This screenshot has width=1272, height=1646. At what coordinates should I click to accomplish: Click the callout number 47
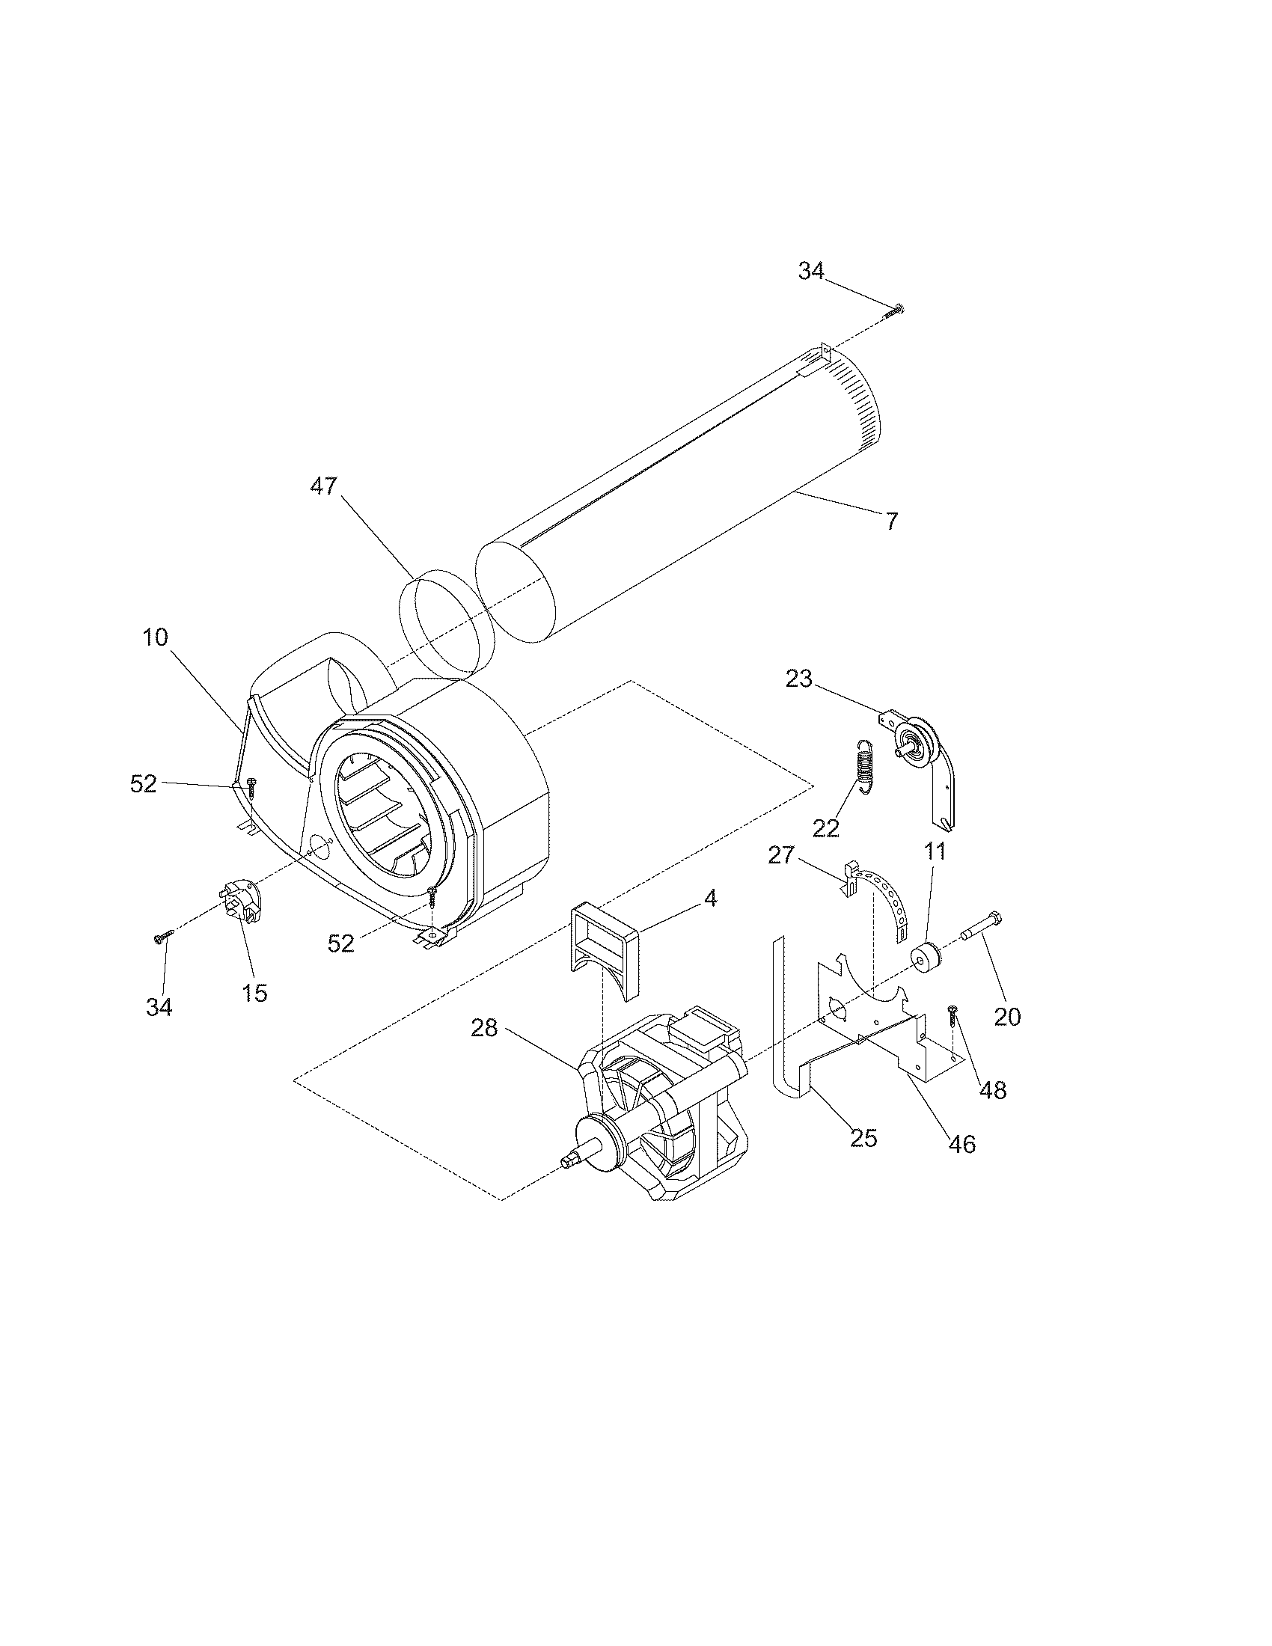(x=323, y=487)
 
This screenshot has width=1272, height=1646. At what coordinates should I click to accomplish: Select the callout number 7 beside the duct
(x=891, y=521)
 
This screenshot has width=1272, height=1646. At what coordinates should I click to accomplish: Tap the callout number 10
(x=155, y=637)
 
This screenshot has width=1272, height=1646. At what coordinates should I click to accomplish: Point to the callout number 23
(x=799, y=679)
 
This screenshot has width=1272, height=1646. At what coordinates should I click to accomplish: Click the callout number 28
(x=485, y=1028)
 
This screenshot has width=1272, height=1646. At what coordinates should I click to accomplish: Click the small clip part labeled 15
(x=243, y=902)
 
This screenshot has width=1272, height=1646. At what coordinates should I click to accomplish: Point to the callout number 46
(x=962, y=1145)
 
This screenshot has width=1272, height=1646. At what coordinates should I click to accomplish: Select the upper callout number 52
(x=143, y=784)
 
